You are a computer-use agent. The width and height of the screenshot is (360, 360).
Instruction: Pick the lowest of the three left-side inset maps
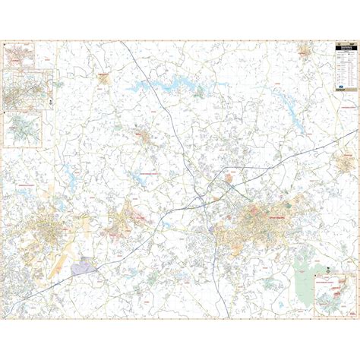click(x=24, y=130)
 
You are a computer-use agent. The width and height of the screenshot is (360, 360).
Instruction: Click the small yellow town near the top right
click(x=305, y=52)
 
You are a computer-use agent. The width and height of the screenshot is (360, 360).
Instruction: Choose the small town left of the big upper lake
click(x=103, y=77)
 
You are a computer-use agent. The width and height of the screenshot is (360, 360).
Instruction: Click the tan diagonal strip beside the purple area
click(x=59, y=262)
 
